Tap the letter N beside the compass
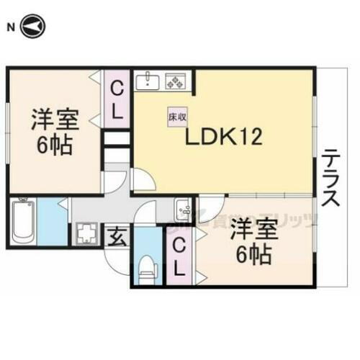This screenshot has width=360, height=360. click(9, 27)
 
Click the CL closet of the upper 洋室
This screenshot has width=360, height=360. click(116, 101)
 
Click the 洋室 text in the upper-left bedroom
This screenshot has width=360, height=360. click(53, 119)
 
